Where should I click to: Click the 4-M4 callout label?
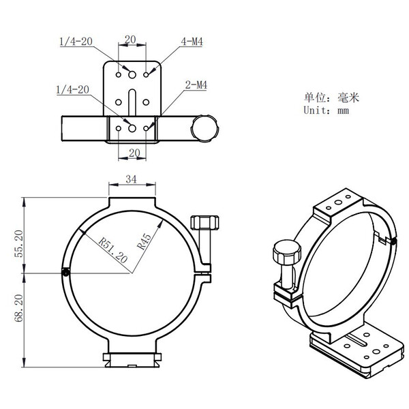[192, 42]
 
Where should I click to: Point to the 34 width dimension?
[132, 180]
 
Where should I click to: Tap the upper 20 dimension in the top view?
[132, 40]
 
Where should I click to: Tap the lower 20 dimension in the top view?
[132, 153]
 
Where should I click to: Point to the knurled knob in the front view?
[205, 223]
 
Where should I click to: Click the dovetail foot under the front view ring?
[132, 358]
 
